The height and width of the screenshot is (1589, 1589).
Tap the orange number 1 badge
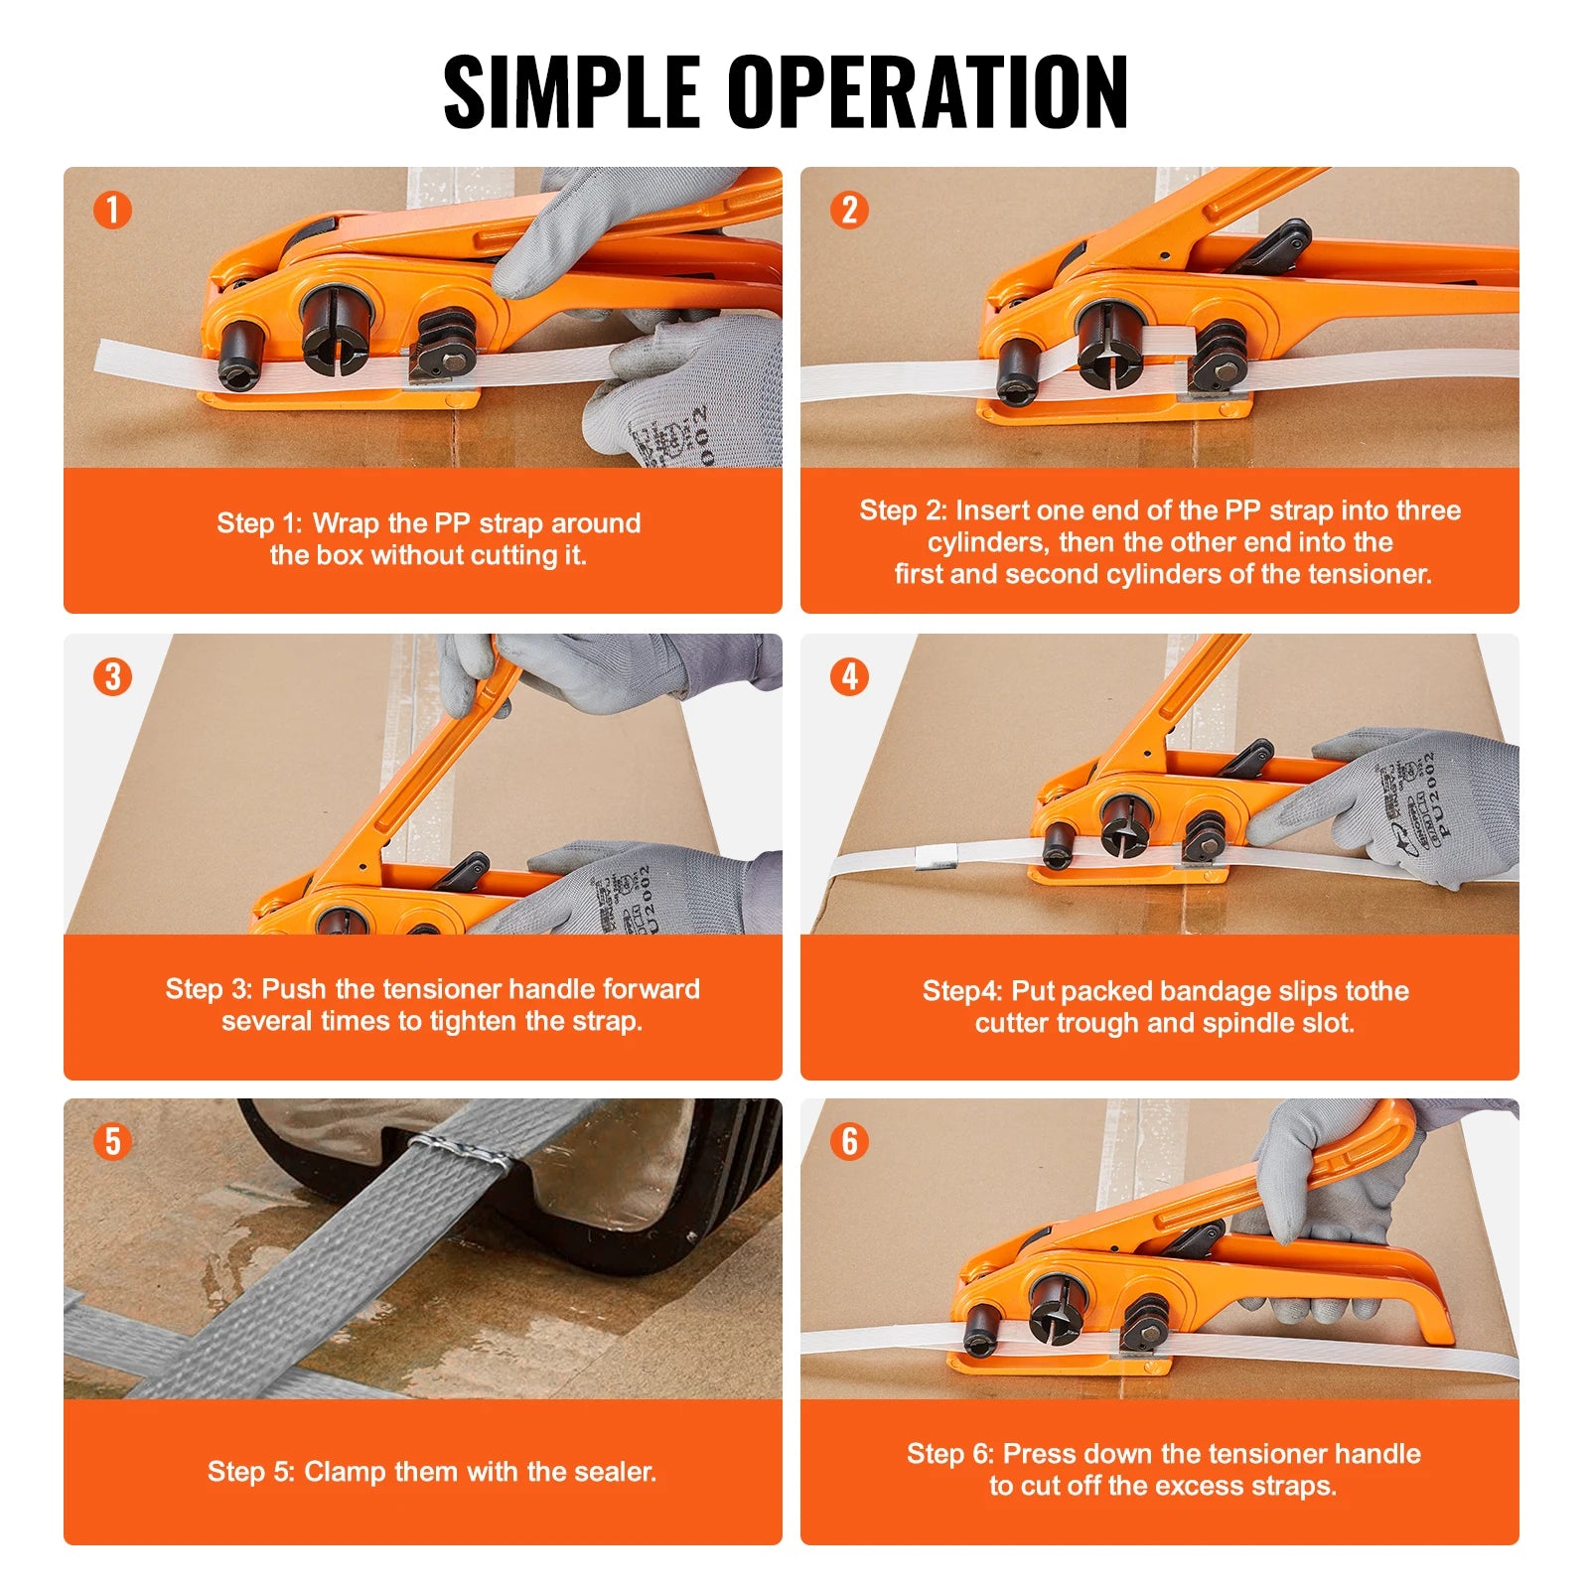112,210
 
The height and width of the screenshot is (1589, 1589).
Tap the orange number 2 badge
849,210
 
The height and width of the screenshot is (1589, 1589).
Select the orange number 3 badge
112,676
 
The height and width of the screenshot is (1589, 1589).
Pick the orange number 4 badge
849,676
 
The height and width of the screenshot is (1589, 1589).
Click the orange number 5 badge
112,1141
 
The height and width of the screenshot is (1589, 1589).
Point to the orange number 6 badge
849,1141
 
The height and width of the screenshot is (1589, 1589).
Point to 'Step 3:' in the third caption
209,989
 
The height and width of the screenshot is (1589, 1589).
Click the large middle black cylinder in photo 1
338,328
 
